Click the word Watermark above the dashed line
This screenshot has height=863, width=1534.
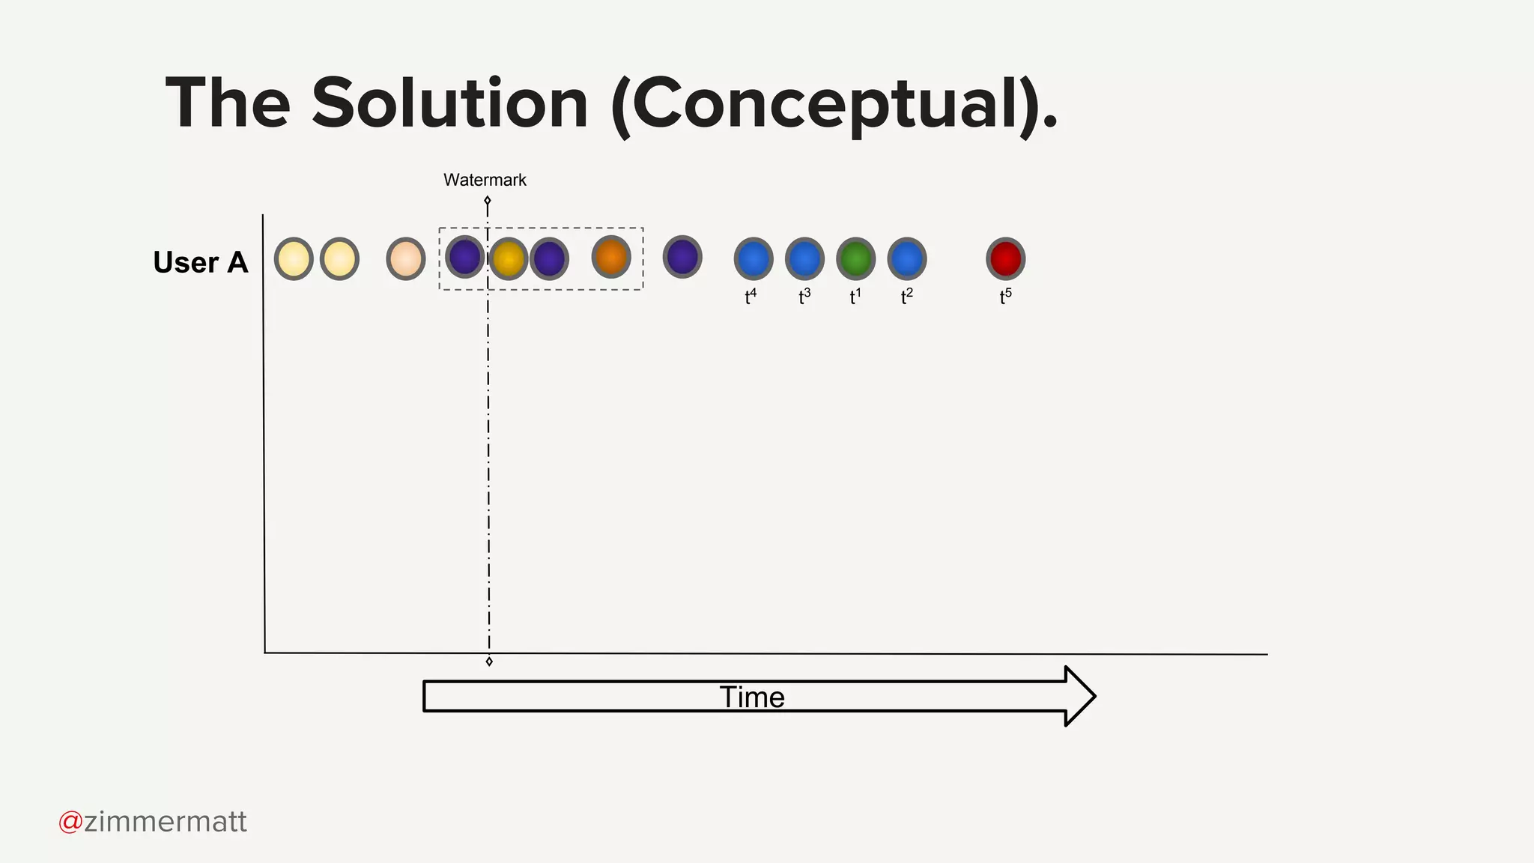click(485, 180)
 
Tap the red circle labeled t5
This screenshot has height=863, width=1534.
click(1005, 258)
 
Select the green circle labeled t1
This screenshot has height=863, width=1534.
click(855, 258)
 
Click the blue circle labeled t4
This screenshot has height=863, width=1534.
click(753, 258)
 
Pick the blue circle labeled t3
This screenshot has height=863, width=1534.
click(804, 258)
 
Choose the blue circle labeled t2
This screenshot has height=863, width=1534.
click(906, 258)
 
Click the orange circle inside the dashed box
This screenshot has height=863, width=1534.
click(610, 257)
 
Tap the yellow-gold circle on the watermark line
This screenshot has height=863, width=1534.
click(509, 258)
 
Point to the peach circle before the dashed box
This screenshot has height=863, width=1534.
click(405, 258)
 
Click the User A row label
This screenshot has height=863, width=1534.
click(200, 262)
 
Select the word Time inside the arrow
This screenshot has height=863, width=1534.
click(752, 697)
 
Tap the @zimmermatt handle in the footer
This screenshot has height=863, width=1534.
click(153, 822)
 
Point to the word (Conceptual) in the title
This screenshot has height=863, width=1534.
click(825, 105)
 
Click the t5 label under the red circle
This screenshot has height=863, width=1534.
click(1005, 297)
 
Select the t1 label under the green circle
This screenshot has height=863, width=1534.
click(855, 297)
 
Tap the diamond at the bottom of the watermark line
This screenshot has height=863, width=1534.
click(489, 661)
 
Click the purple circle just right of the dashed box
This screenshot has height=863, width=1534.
click(682, 257)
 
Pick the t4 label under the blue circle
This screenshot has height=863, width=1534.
click(751, 297)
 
